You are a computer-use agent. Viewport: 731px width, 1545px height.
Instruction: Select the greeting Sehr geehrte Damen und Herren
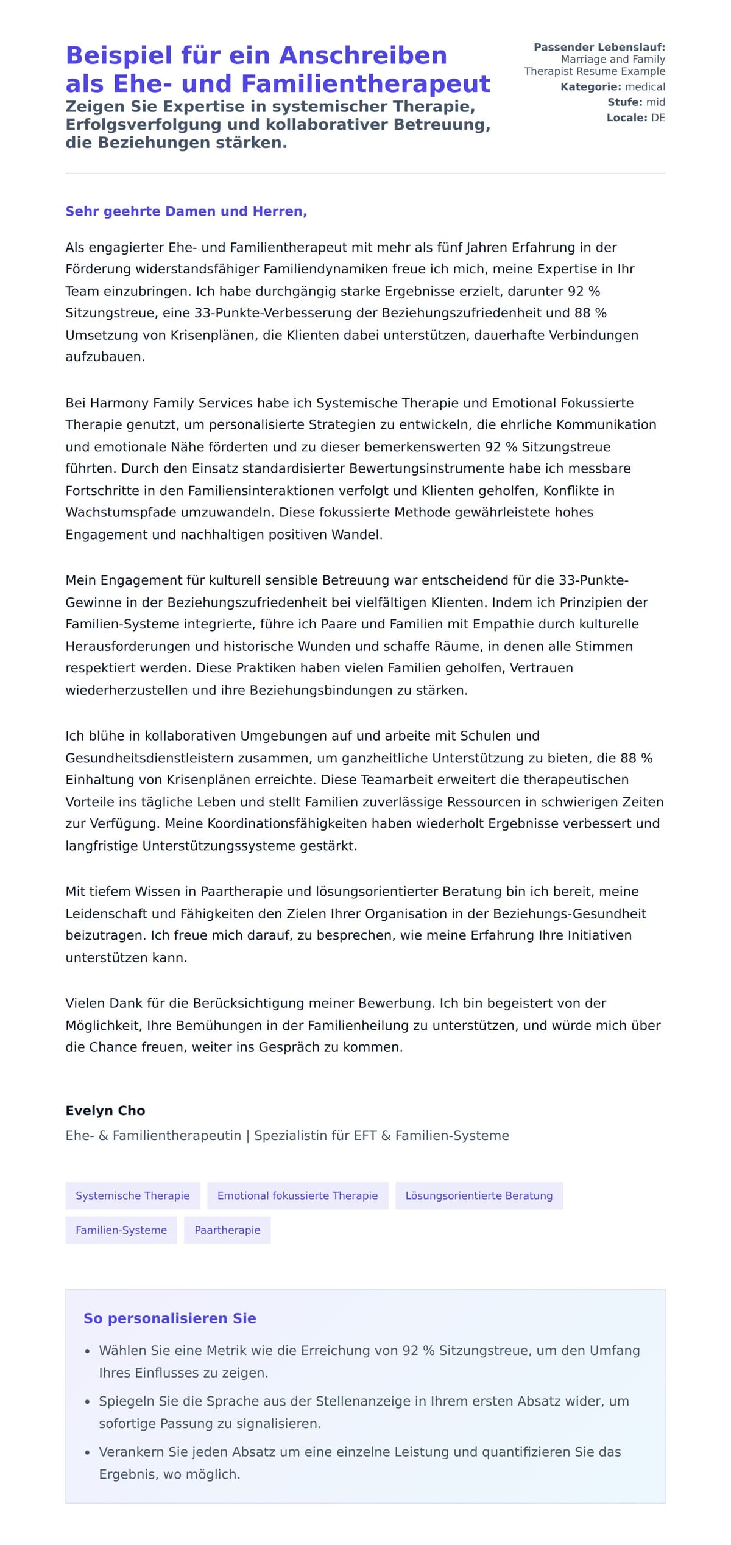(x=186, y=211)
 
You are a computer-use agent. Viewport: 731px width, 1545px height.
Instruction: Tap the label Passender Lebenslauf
(x=599, y=47)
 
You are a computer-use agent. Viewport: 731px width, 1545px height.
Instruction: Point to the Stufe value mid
(x=655, y=102)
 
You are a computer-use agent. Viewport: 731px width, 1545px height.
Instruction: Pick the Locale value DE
(x=658, y=118)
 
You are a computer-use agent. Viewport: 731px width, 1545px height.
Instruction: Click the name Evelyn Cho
(x=105, y=1110)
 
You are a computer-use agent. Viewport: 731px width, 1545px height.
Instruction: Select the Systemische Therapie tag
(x=132, y=1195)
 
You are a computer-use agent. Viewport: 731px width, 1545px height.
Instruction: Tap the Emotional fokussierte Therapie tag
(x=297, y=1195)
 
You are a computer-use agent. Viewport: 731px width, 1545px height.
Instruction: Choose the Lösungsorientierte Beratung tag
(x=479, y=1195)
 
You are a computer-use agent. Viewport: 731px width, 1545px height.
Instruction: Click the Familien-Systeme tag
(x=121, y=1230)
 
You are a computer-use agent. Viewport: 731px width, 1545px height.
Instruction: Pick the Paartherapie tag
(x=227, y=1230)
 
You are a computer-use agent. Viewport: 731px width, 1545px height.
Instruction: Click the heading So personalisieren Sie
(x=169, y=1318)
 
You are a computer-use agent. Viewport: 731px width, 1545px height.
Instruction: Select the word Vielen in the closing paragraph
(x=85, y=1003)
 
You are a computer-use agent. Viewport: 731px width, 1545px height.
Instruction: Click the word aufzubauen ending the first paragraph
(x=104, y=357)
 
